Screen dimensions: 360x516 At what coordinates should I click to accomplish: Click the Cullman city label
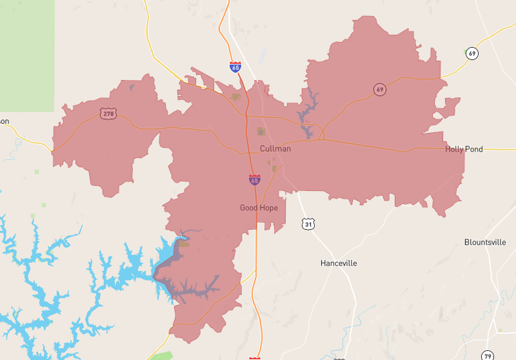point(275,149)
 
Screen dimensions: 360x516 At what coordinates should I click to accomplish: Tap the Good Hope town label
point(259,208)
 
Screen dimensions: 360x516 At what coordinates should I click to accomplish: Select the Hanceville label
point(339,263)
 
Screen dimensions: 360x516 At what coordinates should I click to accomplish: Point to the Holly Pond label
point(464,149)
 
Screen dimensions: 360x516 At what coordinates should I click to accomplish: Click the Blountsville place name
point(485,243)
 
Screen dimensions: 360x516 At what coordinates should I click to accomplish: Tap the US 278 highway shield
point(108,114)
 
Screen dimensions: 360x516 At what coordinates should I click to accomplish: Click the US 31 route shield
point(309,224)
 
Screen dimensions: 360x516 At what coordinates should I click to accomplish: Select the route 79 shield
point(488,355)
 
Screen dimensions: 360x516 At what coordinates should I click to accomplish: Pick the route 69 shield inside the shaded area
point(380,89)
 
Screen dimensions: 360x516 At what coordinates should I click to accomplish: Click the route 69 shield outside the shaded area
point(473,54)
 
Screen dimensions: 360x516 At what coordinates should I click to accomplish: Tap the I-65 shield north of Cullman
point(235,67)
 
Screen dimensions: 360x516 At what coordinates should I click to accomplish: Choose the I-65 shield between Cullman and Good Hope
point(255,181)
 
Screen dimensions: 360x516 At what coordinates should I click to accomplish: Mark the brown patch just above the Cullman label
point(261,132)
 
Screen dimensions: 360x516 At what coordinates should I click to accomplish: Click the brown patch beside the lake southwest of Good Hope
point(184,244)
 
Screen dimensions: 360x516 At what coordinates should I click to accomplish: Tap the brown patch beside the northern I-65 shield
point(236,97)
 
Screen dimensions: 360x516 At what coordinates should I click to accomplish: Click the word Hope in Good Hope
point(268,208)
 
